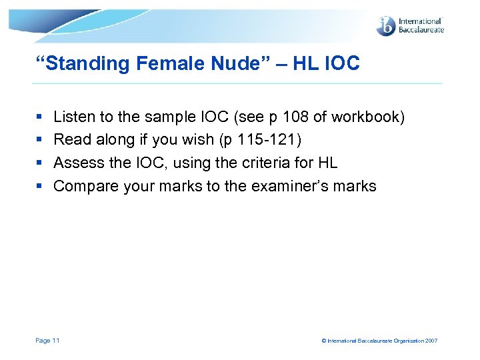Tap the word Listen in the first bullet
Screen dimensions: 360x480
point(74,117)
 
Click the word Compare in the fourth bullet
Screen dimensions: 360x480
point(86,187)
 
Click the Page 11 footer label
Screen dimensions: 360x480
point(47,341)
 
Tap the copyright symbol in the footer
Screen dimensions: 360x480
point(324,341)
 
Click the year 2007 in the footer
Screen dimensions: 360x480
point(431,341)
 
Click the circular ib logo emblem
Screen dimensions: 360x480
point(386,26)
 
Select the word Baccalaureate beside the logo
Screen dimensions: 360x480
point(421,30)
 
